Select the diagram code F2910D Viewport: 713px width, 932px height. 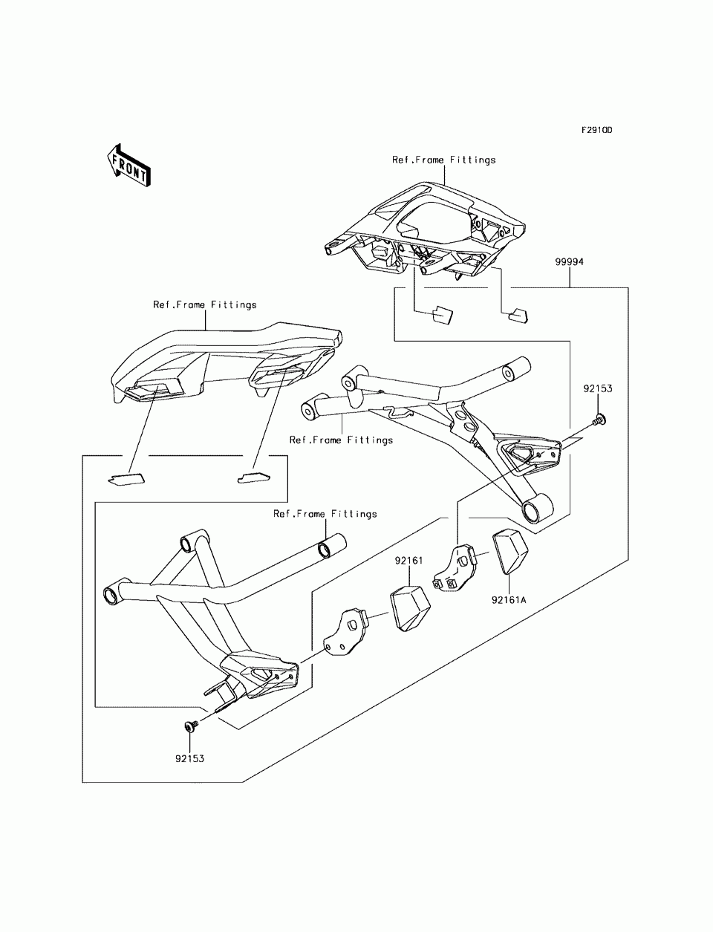[x=596, y=130]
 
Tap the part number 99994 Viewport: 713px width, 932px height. [x=569, y=262]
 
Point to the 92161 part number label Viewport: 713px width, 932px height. [x=408, y=561]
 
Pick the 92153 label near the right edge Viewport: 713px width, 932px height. [x=598, y=388]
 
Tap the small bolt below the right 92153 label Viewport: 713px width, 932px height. [x=599, y=420]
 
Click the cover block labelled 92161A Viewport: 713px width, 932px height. [x=510, y=552]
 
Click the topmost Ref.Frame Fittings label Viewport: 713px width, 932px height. [x=443, y=160]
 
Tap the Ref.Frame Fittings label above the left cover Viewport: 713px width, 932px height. [x=205, y=305]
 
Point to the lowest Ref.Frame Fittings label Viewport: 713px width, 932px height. [x=325, y=514]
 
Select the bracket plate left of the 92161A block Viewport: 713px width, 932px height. [x=455, y=569]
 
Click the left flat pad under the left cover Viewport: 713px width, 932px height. [x=126, y=480]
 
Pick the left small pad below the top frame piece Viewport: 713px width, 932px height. [x=442, y=315]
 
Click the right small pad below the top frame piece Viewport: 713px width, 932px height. [x=518, y=315]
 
